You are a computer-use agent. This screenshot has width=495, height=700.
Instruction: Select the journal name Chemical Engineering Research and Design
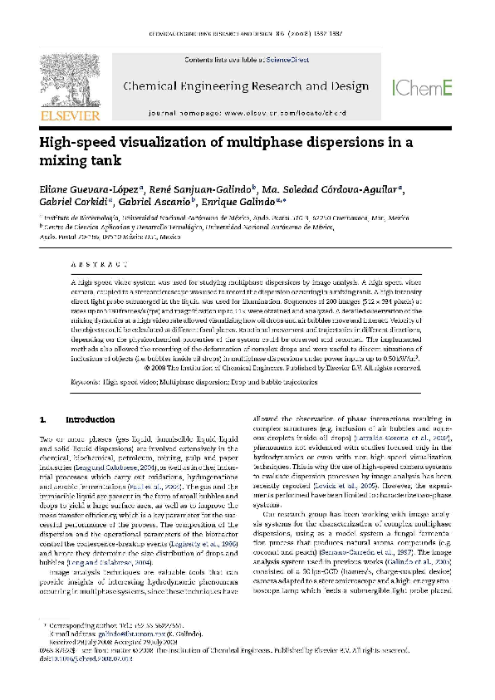click(246, 86)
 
